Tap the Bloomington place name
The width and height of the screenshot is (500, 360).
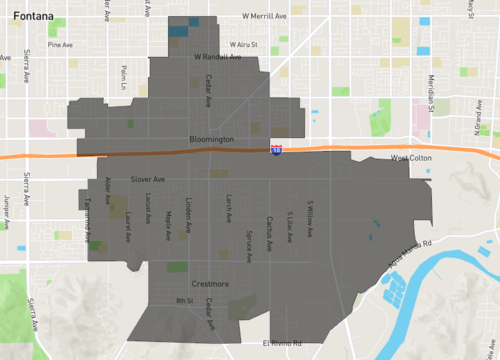[211, 139]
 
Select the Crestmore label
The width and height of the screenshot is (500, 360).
[210, 284]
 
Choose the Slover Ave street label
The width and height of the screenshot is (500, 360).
[147, 180]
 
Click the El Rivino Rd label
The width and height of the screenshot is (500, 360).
[281, 343]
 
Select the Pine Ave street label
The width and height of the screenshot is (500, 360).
[60, 45]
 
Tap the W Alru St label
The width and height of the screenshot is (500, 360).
[243, 44]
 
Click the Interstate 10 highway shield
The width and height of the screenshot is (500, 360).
[275, 150]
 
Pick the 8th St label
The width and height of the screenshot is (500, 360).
[183, 300]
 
